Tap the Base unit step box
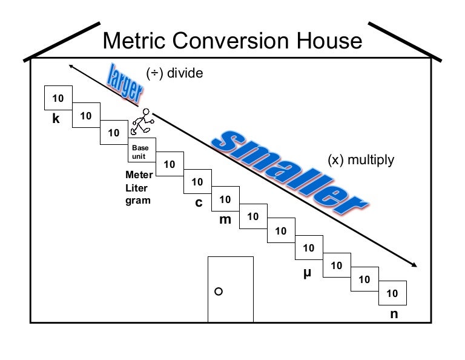click(x=140, y=152)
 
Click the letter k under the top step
click(x=56, y=119)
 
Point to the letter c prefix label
click(x=198, y=202)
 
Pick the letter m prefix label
click(x=225, y=219)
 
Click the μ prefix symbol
click(x=307, y=273)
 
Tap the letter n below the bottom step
click(x=394, y=314)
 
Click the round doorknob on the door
click(x=219, y=292)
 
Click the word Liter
click(x=136, y=188)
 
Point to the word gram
click(x=137, y=200)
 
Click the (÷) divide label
click(x=174, y=74)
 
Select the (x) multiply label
click(x=361, y=160)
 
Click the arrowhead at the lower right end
click(x=414, y=265)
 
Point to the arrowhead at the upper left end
click(x=72, y=66)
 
